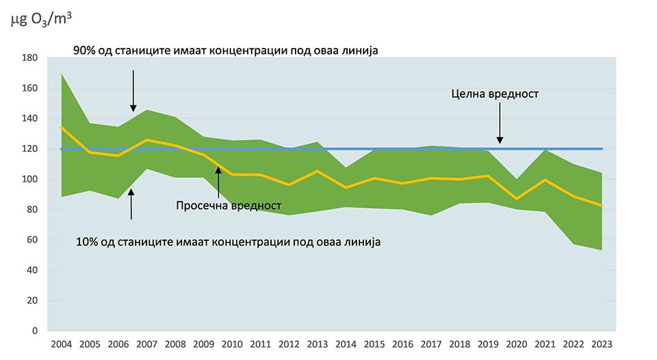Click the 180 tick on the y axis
[x=30, y=58]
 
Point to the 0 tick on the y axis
[x=34, y=331]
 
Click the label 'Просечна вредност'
[x=229, y=205]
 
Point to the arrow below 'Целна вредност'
[x=500, y=127]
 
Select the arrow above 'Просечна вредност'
[x=218, y=181]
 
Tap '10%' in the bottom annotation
[x=87, y=242]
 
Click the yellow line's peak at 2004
[x=62, y=127]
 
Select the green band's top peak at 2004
[x=62, y=73]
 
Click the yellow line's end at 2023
[x=601, y=205]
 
